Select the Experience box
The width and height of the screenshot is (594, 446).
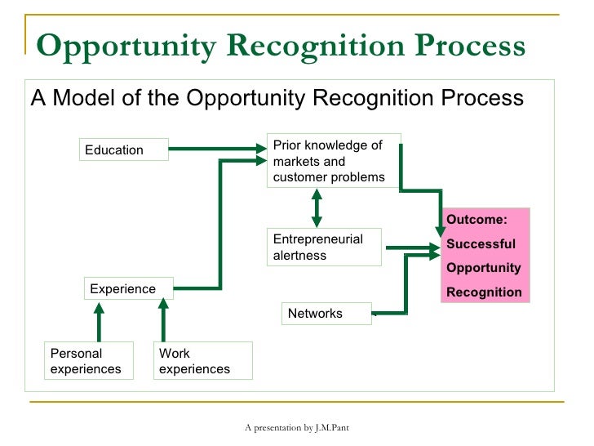[129, 289]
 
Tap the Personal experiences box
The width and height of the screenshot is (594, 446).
[88, 361]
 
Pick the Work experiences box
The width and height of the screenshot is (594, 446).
[202, 361]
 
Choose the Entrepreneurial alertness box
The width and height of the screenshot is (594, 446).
[325, 248]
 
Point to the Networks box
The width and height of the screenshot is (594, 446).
[326, 314]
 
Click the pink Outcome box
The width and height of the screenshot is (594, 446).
[485, 255]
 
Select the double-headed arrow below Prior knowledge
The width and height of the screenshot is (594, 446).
[317, 208]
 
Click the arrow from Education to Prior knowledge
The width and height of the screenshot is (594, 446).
[218, 149]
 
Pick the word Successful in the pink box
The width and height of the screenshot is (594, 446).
[481, 243]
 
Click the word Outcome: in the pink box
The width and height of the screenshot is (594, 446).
[477, 220]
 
